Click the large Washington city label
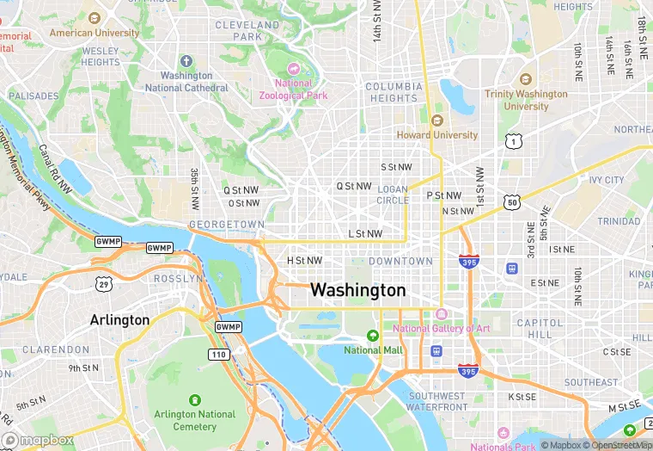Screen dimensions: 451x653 tap(357, 290)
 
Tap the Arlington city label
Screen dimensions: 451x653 tap(119, 320)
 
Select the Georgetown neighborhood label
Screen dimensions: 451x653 tap(227, 224)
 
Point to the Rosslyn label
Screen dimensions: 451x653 tap(178, 279)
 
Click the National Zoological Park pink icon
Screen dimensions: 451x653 tap(294, 68)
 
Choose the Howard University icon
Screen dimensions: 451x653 tap(436, 120)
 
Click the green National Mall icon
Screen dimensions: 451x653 tap(373, 336)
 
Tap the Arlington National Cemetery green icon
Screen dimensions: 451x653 tap(194, 399)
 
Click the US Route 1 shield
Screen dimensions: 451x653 tap(513, 140)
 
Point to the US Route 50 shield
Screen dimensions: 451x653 tap(513, 202)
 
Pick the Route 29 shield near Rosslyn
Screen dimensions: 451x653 tap(103, 284)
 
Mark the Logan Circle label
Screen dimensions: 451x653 tap(393, 195)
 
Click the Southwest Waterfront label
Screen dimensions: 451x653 tap(437, 401)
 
